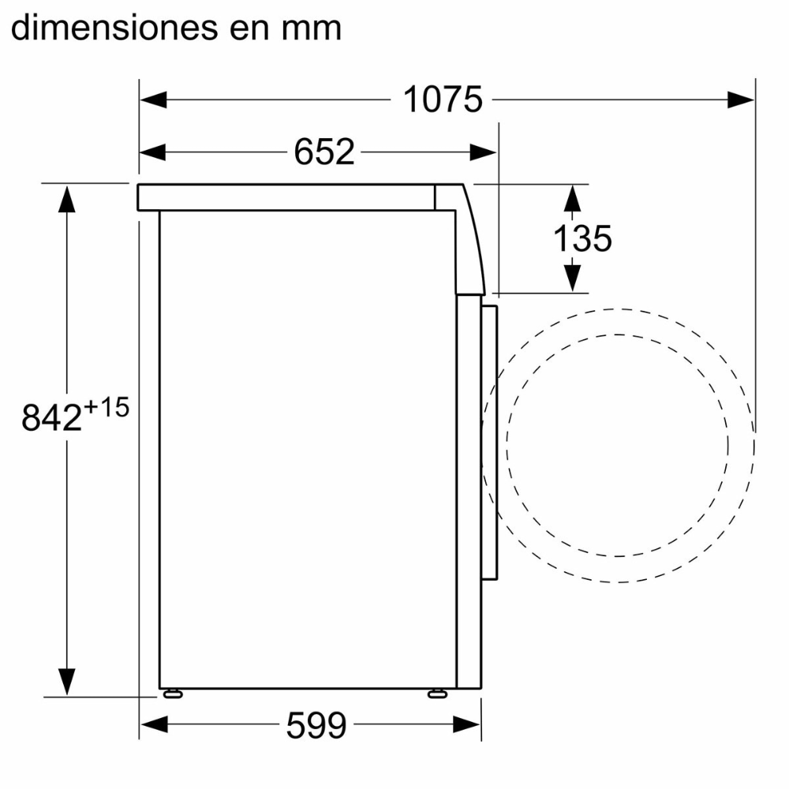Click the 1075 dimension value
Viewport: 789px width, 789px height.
(443, 99)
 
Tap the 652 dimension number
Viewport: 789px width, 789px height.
(324, 152)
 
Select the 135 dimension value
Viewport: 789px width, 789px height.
(583, 238)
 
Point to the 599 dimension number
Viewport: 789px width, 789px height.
(316, 724)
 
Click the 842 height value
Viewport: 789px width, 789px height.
(51, 417)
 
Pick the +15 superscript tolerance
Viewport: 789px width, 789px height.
(107, 407)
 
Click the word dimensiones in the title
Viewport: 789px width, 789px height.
(114, 28)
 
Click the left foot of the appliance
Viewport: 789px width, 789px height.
(173, 694)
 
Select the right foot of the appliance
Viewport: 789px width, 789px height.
(437, 694)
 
